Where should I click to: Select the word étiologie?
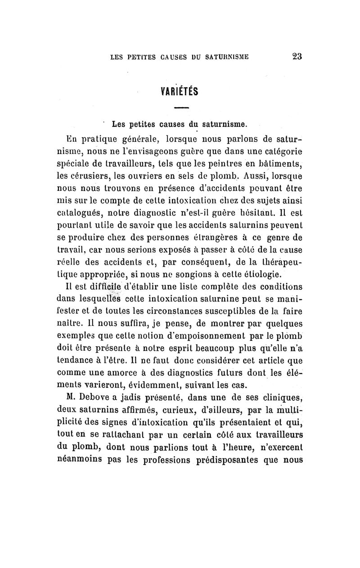tap(256, 273)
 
